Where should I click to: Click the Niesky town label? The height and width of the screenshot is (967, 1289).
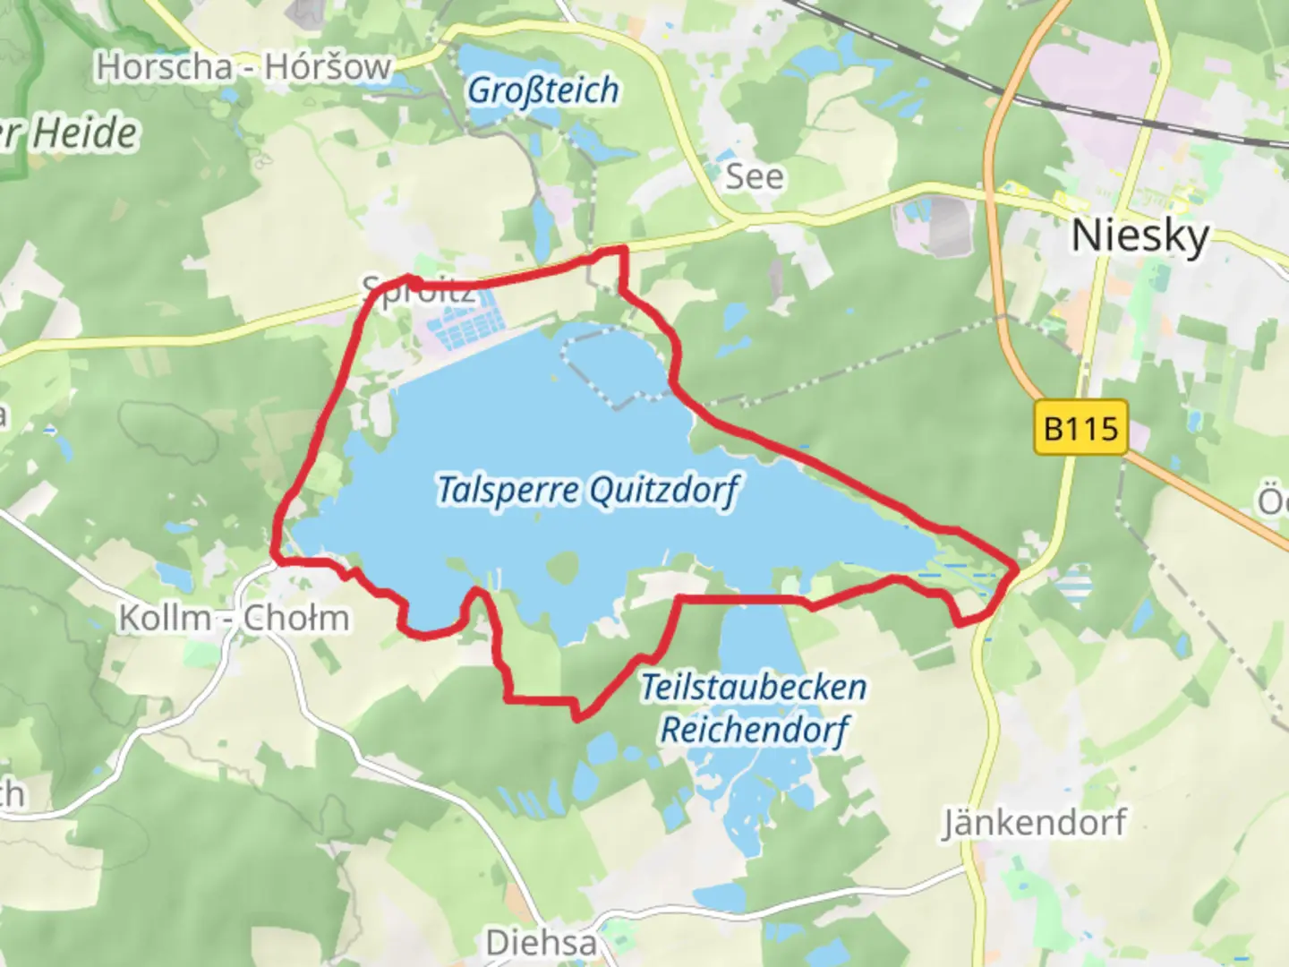tap(1140, 236)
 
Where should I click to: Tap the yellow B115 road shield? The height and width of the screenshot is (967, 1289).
tap(1081, 428)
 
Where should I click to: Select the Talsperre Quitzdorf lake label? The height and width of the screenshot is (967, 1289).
tap(587, 491)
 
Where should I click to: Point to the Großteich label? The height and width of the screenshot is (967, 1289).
tap(543, 90)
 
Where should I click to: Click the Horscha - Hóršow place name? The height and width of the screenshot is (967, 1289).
tap(243, 67)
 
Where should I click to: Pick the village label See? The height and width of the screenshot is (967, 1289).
tap(754, 176)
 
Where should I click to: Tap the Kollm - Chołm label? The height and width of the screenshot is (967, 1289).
tap(234, 618)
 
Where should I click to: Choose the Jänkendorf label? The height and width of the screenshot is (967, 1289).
tap(1034, 822)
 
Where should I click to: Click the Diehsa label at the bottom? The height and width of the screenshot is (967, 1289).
tap(541, 942)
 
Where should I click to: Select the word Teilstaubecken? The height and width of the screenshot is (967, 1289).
tap(754, 688)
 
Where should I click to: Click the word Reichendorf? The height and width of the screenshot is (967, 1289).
tap(754, 730)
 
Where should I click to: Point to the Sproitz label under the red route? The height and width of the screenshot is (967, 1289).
tap(415, 292)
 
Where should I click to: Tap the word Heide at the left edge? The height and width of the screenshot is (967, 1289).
tap(86, 134)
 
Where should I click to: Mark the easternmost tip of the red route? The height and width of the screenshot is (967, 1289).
tap(1018, 567)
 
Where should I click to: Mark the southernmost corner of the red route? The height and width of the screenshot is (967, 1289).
tap(576, 717)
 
